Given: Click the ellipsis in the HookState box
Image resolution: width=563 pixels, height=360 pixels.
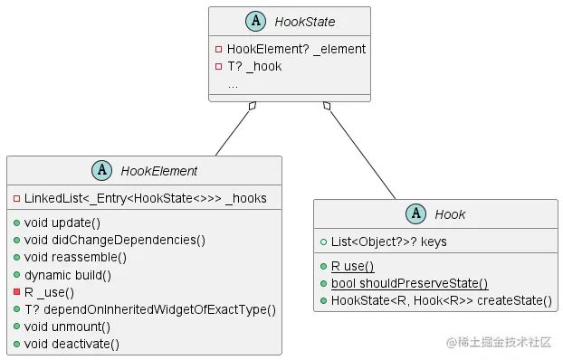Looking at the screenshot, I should click(233, 83).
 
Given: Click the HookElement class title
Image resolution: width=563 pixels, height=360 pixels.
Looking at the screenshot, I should click(159, 170).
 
